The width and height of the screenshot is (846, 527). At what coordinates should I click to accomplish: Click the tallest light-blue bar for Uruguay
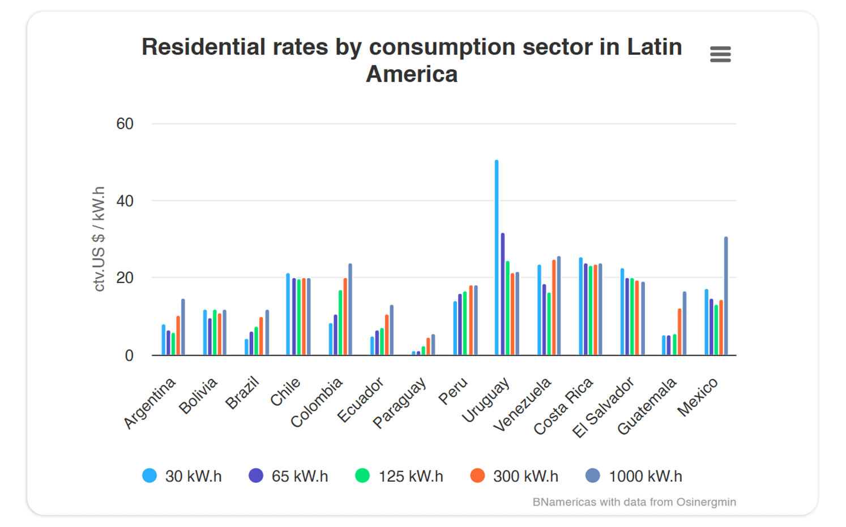(497, 258)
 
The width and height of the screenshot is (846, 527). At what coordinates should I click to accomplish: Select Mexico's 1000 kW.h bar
(726, 296)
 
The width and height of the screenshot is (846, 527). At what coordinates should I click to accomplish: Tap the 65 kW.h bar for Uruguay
(503, 294)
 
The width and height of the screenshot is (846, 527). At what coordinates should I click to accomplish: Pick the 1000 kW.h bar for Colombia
(350, 310)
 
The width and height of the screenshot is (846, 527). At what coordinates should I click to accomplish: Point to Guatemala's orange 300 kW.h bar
(680, 332)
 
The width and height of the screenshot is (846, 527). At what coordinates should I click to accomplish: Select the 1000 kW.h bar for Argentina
(183, 327)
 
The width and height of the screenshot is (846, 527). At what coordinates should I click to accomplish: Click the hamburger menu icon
(720, 54)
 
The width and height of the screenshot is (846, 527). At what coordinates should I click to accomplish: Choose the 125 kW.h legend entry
(399, 476)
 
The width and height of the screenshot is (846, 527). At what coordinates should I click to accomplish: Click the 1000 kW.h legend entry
(634, 476)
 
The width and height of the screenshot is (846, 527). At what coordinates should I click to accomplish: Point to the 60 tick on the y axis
(125, 124)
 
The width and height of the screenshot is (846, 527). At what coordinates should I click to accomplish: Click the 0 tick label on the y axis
(129, 355)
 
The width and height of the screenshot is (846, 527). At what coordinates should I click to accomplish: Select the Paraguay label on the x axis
(399, 403)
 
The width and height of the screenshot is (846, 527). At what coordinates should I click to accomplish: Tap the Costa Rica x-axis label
(563, 406)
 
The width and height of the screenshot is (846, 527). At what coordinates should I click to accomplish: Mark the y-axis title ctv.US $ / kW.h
(99, 239)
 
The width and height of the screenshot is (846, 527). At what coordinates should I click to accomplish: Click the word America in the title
(412, 74)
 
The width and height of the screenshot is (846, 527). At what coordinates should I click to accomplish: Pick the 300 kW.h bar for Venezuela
(554, 307)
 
